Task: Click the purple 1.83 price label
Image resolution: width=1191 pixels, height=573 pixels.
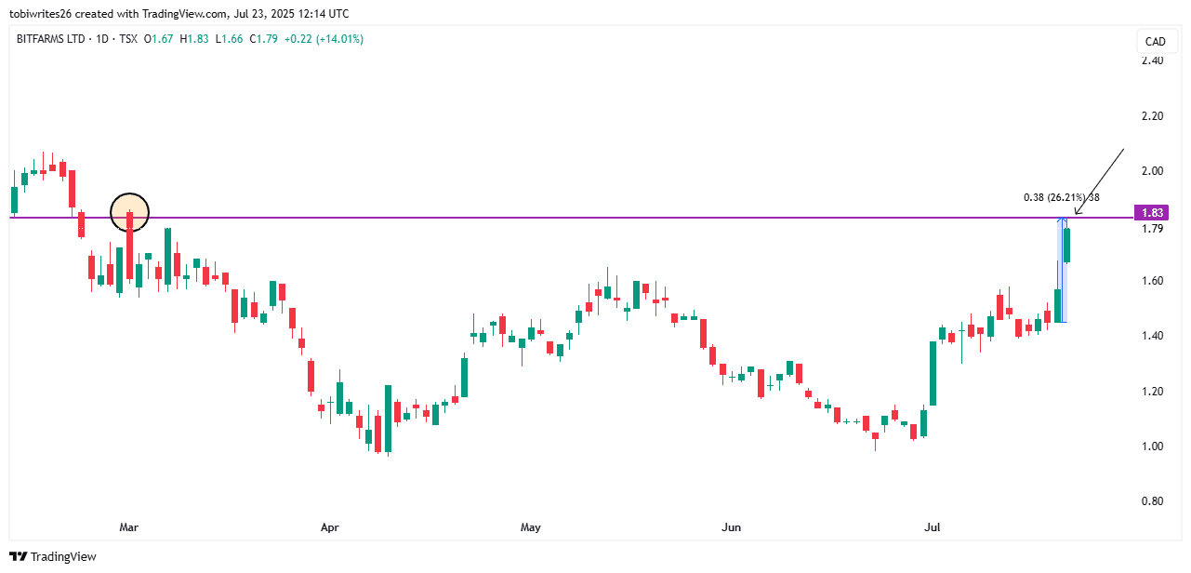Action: pos(1152,213)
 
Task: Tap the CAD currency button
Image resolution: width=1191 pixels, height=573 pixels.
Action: pos(1155,42)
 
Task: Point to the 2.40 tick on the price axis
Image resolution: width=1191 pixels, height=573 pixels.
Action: pos(1152,60)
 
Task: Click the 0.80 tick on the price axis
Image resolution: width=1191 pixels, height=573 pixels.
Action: pos(1152,501)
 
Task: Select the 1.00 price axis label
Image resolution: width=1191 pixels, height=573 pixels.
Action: pos(1152,446)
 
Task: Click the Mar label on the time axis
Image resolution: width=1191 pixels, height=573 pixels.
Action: pos(129,527)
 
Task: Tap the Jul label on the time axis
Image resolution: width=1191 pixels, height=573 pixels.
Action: pos(932,527)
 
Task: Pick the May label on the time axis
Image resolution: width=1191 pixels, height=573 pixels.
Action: pos(530,527)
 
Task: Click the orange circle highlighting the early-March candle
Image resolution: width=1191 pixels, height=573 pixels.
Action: pos(129,212)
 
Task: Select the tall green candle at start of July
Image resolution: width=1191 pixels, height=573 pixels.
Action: pos(933,373)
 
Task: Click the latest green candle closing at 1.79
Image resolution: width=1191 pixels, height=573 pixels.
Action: pos(1067,245)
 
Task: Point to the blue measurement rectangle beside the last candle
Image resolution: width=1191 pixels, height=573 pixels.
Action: pos(1061,270)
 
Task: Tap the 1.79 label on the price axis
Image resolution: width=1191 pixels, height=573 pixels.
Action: pos(1152,229)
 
